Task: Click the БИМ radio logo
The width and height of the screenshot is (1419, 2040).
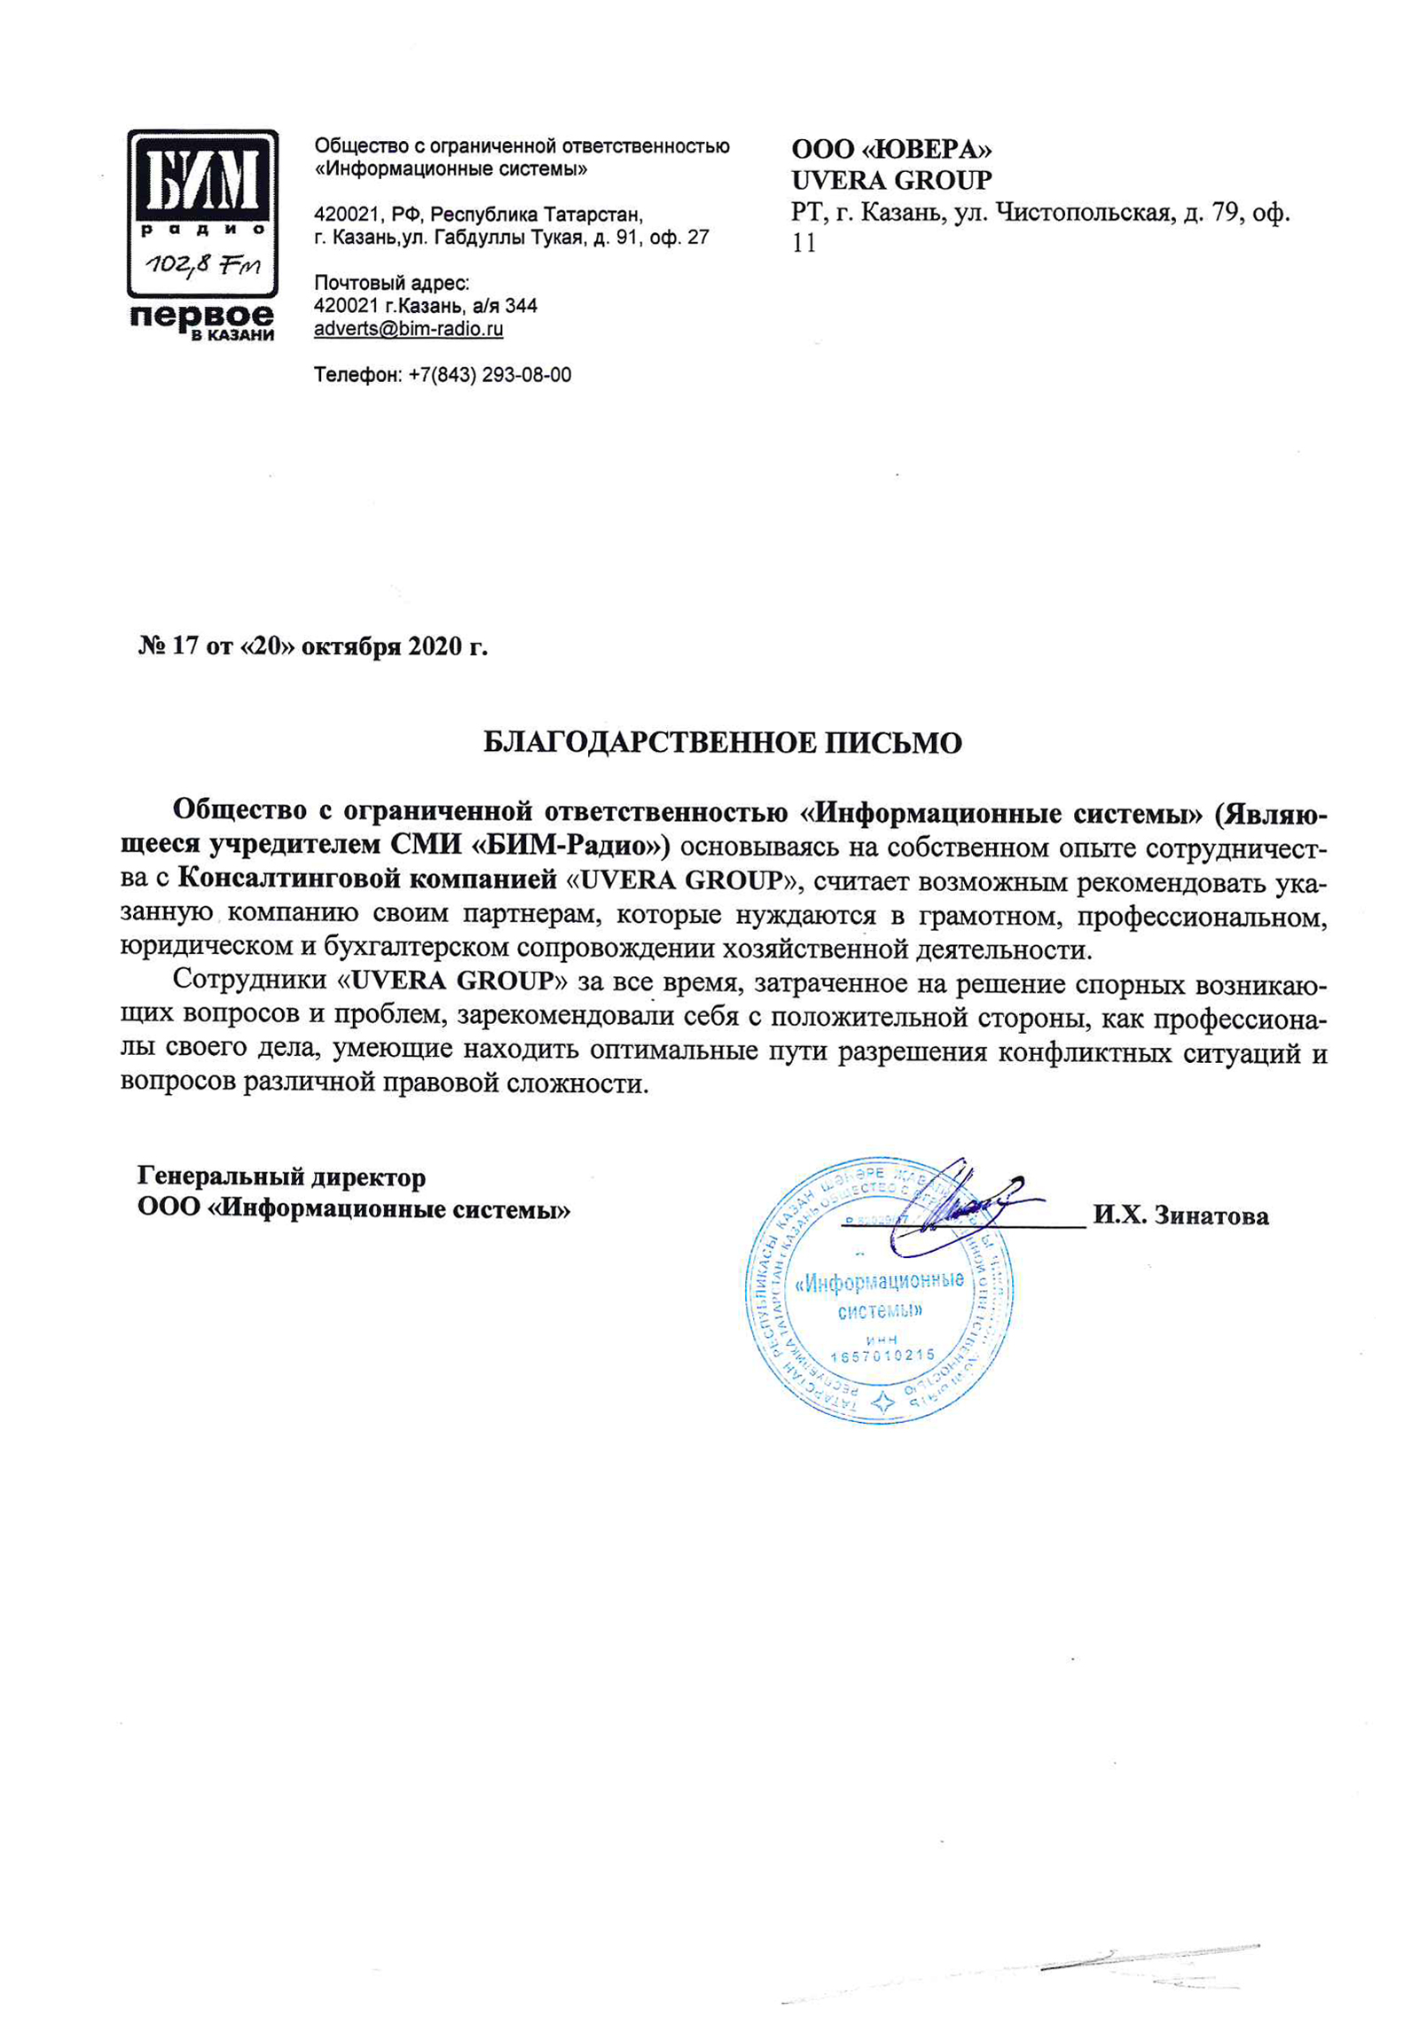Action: pyautogui.click(x=201, y=215)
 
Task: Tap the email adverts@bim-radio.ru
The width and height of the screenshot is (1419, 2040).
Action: pyautogui.click(x=409, y=329)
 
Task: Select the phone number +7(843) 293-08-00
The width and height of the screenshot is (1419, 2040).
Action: pyautogui.click(x=490, y=375)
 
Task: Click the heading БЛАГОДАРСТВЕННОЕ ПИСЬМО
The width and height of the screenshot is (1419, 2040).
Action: pyautogui.click(x=723, y=742)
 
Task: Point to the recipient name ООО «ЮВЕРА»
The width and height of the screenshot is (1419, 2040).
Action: pyautogui.click(x=891, y=148)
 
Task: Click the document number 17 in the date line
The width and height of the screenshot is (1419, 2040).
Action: pyautogui.click(x=185, y=647)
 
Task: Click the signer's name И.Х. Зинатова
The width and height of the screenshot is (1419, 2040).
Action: pyautogui.click(x=1180, y=1215)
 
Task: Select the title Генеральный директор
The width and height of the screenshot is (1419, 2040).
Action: pyautogui.click(x=282, y=1177)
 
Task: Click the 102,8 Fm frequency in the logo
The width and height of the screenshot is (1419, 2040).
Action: pyautogui.click(x=202, y=264)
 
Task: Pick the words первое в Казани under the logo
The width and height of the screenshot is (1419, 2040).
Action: pyautogui.click(x=202, y=322)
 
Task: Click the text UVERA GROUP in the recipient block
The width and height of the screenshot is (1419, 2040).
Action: pyautogui.click(x=891, y=180)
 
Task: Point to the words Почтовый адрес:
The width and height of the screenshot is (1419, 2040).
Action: pyautogui.click(x=392, y=284)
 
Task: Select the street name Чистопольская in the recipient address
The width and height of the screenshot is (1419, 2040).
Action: pyautogui.click(x=1083, y=214)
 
